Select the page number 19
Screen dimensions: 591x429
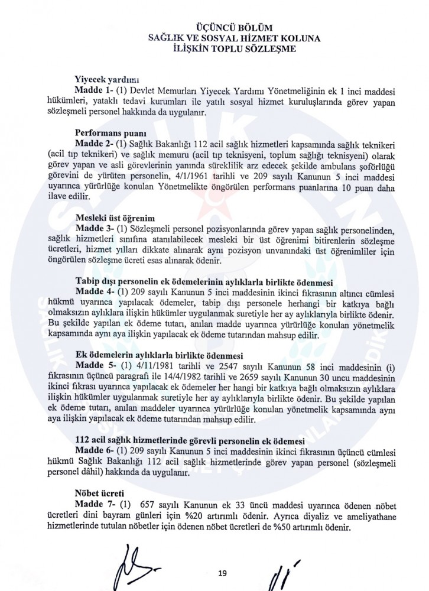223,572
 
